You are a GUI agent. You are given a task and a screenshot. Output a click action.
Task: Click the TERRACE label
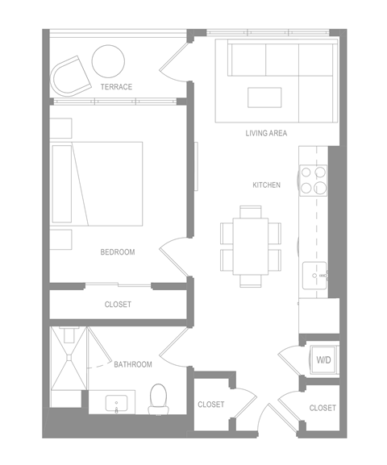116,86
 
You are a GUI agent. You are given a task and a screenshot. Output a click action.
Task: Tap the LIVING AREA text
266,133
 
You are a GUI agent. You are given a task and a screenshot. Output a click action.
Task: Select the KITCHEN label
266,185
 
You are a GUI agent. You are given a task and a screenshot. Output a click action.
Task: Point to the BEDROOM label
117,252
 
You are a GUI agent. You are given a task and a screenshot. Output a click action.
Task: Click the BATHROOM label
132,364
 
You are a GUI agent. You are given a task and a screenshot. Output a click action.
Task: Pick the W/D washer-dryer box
324,359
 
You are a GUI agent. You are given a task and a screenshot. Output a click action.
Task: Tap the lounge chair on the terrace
71,77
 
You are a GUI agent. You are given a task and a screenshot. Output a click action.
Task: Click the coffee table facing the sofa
265,97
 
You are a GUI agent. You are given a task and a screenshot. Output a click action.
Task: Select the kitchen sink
314,276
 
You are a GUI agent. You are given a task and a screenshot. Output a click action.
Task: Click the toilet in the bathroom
159,397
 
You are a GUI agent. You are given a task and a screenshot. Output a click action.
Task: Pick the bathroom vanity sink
118,403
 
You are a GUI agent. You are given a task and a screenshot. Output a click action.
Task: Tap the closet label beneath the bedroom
118,305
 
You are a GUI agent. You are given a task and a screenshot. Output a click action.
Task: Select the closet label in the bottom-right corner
322,408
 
